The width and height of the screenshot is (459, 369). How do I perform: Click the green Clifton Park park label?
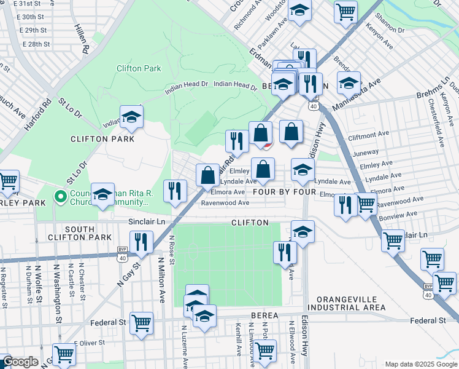pyautogui.click(x=138, y=68)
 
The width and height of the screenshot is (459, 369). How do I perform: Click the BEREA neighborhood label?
pyautogui.click(x=264, y=315)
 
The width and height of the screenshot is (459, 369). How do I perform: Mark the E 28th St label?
pyautogui.click(x=37, y=44)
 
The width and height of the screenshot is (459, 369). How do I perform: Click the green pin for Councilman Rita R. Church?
pyautogui.click(x=60, y=197)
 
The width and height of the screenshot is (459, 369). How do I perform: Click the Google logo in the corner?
pyautogui.click(x=20, y=362)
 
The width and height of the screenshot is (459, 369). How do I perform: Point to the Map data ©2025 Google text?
pyautogui.click(x=420, y=364)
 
